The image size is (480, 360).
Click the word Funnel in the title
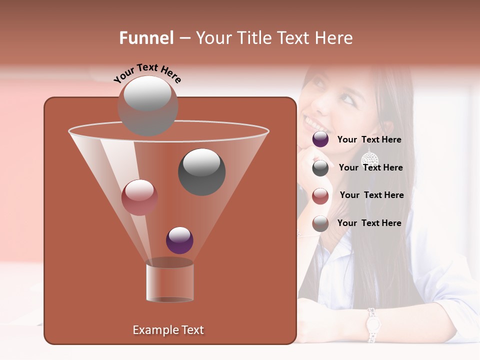(146, 38)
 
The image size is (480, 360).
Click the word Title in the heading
(254, 38)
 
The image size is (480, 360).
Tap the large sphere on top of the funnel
(148, 106)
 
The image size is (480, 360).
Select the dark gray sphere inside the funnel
(201, 172)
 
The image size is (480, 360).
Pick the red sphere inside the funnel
(139, 197)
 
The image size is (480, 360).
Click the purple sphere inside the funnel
(179, 240)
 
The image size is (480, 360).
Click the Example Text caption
(168, 330)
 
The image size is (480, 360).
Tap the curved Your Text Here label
(147, 73)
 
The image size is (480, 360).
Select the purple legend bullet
(320, 139)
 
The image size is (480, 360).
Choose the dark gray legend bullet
(320, 168)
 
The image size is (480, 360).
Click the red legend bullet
(320, 195)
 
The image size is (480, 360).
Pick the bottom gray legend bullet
(320, 223)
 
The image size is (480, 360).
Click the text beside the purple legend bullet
(369, 140)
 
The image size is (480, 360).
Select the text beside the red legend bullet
(371, 195)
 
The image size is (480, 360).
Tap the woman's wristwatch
(371, 325)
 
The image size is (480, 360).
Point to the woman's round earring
(369, 159)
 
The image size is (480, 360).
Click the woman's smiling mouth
(313, 123)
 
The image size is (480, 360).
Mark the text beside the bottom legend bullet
(369, 223)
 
